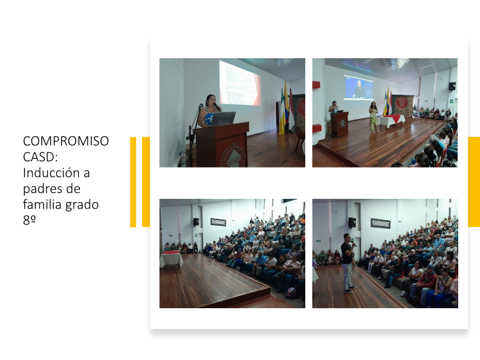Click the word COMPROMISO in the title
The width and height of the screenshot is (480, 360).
(x=66, y=141)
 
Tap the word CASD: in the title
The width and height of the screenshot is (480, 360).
(x=40, y=157)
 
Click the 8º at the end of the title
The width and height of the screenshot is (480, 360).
(x=29, y=220)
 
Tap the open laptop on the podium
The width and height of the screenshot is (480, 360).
(x=223, y=119)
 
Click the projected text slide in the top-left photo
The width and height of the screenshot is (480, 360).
(x=240, y=82)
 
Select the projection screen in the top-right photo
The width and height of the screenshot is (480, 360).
(x=358, y=87)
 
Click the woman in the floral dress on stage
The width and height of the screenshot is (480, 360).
(x=373, y=118)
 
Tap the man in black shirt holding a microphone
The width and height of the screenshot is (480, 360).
(x=348, y=263)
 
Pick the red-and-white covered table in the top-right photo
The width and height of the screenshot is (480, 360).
(x=390, y=121)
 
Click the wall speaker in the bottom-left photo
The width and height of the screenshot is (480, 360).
(x=196, y=222)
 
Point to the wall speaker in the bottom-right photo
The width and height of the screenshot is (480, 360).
(x=352, y=223)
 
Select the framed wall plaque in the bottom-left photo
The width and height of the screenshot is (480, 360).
(x=218, y=222)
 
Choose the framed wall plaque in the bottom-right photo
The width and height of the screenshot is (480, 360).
(x=381, y=224)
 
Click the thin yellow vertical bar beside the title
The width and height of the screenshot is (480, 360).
(x=133, y=182)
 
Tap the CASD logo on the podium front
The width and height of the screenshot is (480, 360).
(x=234, y=157)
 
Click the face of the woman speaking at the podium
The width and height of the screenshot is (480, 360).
(x=211, y=100)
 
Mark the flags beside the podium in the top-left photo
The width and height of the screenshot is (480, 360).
(x=287, y=109)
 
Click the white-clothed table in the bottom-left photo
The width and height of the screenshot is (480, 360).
(x=171, y=260)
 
